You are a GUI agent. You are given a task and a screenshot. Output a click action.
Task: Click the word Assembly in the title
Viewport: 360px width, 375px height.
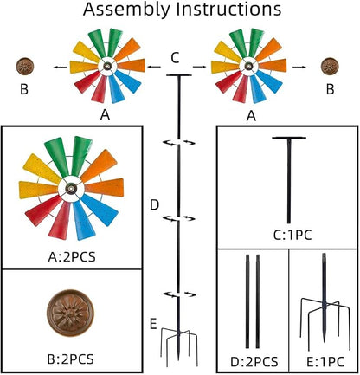point(126,10)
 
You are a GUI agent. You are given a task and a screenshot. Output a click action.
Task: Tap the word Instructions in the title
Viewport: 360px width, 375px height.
point(229,9)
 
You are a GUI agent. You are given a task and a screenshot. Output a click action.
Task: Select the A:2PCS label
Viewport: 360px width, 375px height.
point(72,257)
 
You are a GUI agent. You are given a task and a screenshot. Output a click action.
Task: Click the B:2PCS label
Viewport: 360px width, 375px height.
point(70,359)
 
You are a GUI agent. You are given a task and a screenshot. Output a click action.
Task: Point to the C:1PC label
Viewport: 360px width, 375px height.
point(292,236)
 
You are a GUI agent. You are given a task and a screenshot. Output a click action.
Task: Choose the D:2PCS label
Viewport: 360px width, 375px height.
point(254,362)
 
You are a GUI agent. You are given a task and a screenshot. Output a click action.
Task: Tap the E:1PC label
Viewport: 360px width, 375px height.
point(325,362)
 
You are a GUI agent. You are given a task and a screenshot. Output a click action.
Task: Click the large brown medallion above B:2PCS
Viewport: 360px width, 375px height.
point(70,313)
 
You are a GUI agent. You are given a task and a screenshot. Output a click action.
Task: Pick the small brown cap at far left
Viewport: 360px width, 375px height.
point(25,66)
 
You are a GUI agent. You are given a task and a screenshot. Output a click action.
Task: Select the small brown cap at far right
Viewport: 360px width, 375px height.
point(330,66)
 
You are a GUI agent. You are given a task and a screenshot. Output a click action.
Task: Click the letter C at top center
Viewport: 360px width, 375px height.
point(175,58)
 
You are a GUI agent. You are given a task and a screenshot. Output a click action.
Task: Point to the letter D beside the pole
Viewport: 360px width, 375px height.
point(155,205)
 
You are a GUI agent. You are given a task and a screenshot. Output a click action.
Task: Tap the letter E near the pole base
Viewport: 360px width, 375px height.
point(153,324)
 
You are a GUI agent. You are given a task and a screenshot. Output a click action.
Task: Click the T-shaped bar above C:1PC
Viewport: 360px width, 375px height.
point(289,179)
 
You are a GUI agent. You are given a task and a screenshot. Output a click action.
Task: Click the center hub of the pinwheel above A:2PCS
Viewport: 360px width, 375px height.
point(70,189)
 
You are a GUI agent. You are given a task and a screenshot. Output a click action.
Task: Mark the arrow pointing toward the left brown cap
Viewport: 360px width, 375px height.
point(61,68)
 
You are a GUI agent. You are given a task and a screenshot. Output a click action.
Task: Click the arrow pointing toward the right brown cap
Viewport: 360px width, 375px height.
point(299,68)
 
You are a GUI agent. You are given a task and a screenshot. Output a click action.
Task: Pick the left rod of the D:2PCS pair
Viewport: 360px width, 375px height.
point(247,301)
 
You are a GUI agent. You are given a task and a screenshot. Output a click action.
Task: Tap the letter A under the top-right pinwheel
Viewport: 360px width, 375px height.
point(251,116)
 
